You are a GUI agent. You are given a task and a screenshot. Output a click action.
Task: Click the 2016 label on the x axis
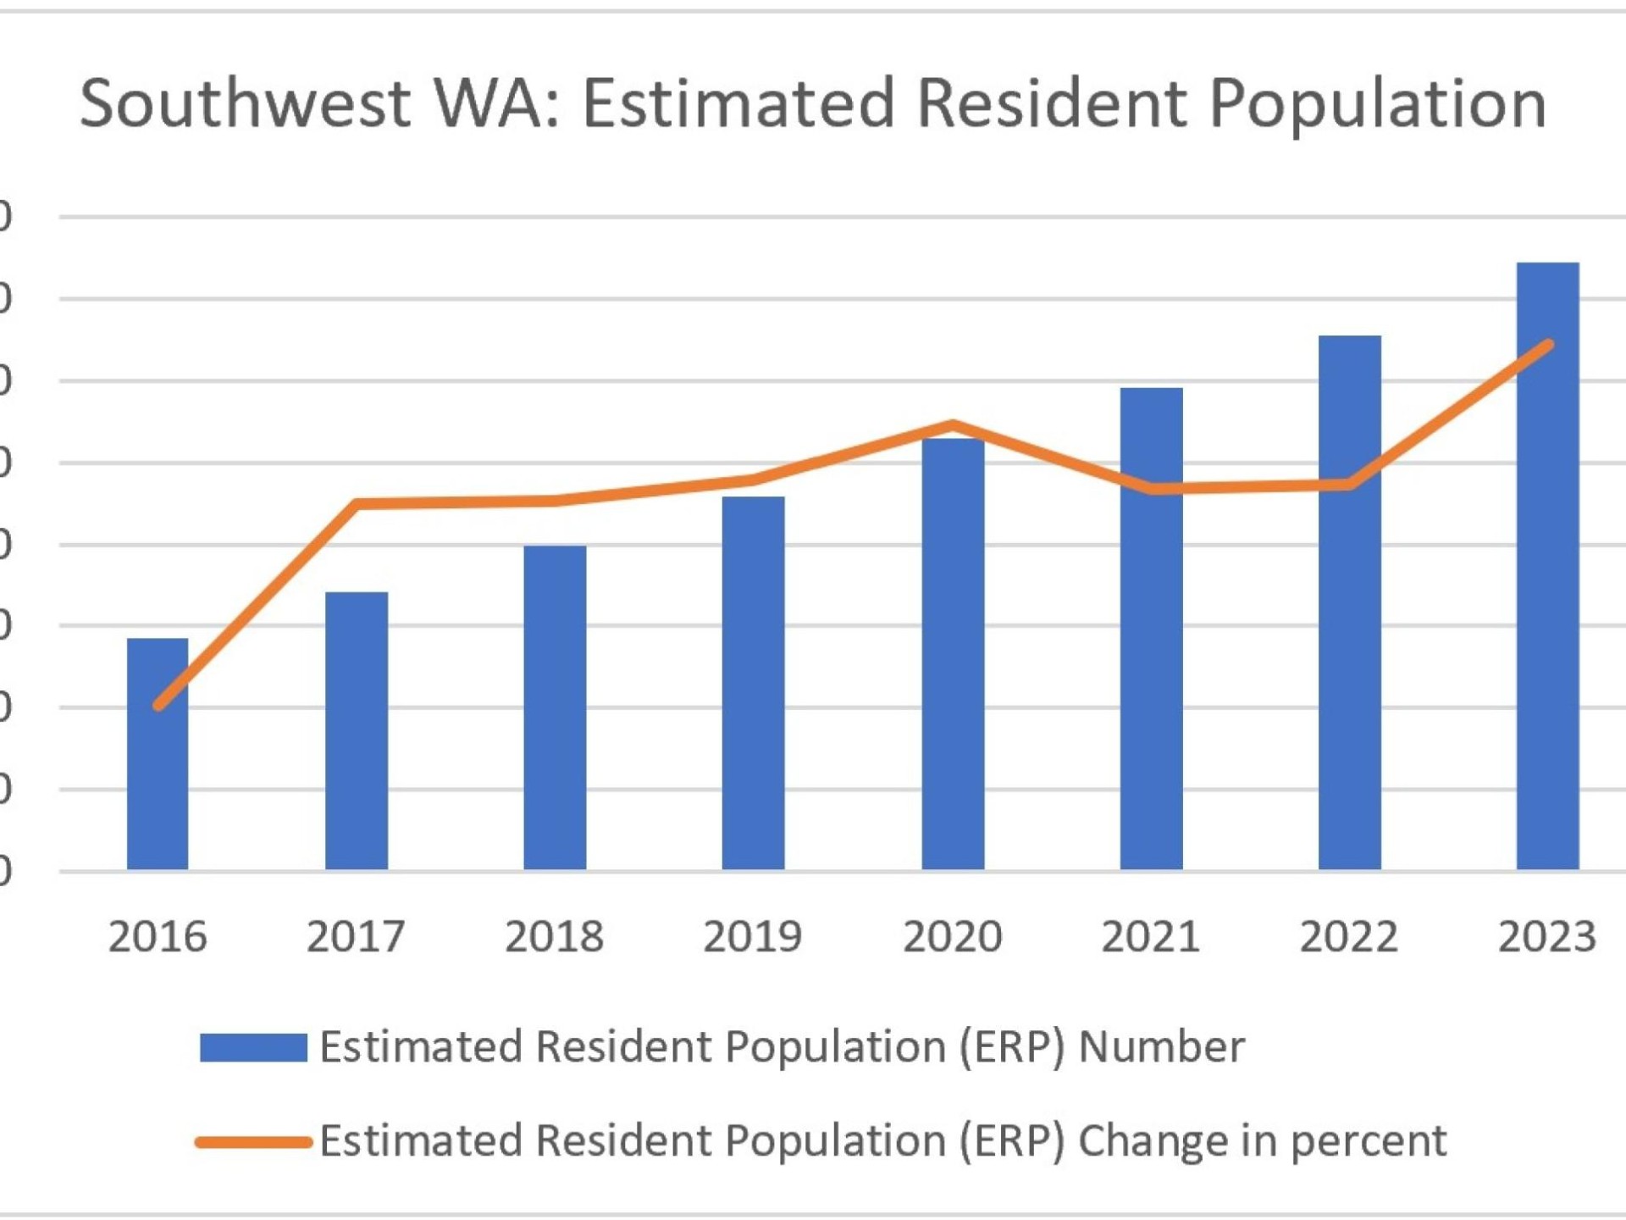point(158,937)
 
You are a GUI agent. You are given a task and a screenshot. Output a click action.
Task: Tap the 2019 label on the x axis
point(753,937)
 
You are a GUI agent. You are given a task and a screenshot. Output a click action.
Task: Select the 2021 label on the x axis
point(1151,937)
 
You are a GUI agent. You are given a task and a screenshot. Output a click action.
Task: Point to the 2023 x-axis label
point(1547,937)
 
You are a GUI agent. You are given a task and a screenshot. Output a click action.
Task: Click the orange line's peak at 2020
point(953,424)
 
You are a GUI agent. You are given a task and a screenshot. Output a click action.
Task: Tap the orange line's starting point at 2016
point(158,705)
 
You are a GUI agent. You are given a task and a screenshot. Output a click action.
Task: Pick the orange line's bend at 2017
point(357,504)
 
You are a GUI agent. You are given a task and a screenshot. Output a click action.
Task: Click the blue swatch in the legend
point(253,1047)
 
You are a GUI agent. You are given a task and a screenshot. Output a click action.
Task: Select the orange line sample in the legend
point(253,1142)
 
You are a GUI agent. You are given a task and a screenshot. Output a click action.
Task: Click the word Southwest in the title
point(246,103)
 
